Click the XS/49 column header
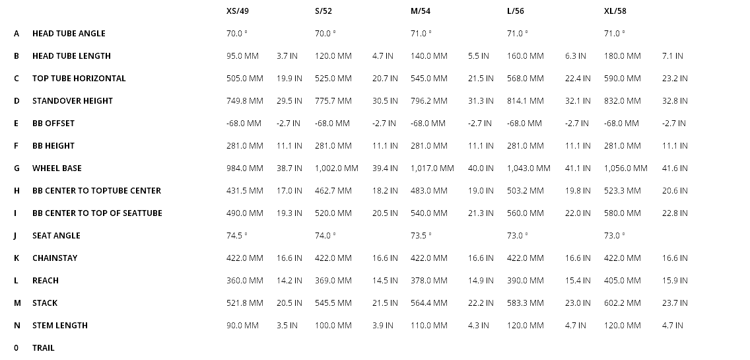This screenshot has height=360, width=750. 237,11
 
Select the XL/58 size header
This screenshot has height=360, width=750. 615,11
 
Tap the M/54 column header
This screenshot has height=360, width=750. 421,11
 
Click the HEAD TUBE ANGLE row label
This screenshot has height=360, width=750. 69,34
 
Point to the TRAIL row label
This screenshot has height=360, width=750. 44,348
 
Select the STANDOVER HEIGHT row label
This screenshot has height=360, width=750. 73,101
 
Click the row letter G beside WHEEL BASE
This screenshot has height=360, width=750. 17,168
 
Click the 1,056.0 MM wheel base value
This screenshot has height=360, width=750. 625,168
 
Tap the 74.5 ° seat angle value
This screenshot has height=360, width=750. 236,236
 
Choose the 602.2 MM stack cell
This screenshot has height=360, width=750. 622,303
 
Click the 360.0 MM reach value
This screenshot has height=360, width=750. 244,281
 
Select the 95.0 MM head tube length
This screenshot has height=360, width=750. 242,56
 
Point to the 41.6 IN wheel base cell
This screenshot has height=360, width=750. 674,168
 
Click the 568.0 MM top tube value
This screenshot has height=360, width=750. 525,79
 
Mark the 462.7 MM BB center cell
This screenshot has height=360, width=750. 333,191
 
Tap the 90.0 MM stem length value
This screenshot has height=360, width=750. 242,326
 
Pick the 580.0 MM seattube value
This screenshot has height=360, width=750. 622,213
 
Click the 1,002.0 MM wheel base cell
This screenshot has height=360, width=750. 336,168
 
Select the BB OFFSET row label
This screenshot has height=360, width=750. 53,124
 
